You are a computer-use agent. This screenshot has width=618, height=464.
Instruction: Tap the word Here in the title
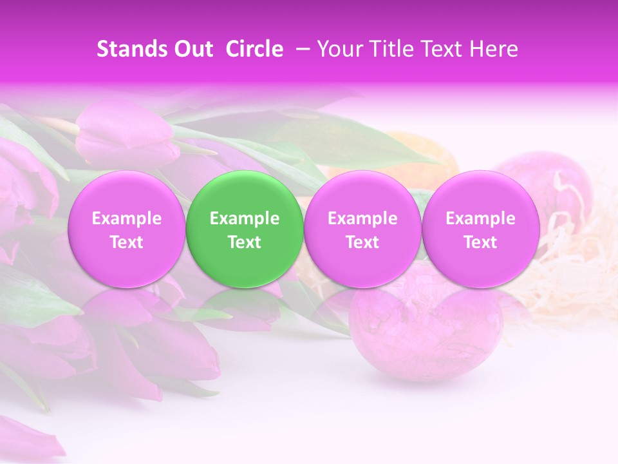point(494,49)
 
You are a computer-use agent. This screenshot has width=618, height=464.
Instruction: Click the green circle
point(245,229)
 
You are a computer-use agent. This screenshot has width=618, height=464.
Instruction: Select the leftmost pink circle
point(126,229)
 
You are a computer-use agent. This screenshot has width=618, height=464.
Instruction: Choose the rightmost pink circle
point(480,229)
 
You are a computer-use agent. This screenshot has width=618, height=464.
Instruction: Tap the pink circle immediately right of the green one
point(362,229)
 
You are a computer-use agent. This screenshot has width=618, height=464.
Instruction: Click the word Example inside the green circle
point(245,218)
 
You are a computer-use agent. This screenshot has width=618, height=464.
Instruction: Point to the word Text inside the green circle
point(245,242)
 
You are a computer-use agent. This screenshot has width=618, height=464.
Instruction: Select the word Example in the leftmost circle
point(126,218)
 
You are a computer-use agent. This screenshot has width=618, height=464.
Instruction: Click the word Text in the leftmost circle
point(126,242)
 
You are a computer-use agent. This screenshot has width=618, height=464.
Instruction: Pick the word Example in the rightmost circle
point(480,218)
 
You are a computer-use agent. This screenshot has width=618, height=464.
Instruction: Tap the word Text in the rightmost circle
point(480,242)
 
